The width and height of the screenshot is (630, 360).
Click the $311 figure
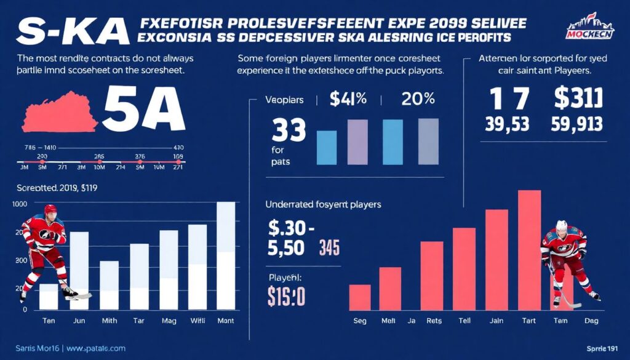(578, 99)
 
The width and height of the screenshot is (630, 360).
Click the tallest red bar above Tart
(530, 249)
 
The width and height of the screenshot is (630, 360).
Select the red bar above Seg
(360, 297)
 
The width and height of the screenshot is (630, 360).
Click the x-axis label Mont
(226, 321)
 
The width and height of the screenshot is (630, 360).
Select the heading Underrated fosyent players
(323, 204)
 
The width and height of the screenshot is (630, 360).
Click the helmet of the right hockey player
(562, 226)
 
